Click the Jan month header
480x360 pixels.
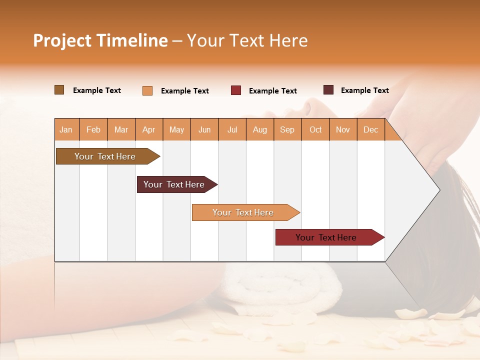[x=66, y=130]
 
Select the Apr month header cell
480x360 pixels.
[x=149, y=130]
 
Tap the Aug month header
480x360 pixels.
[x=259, y=130]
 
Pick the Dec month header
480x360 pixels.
[x=370, y=130]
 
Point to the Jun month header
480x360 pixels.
[x=204, y=130]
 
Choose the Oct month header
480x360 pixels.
[x=315, y=130]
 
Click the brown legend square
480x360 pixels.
[x=59, y=90]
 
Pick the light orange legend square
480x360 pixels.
[x=147, y=90]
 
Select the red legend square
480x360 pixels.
[x=236, y=90]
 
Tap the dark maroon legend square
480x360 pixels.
[x=328, y=90]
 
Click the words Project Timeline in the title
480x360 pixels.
[x=100, y=40]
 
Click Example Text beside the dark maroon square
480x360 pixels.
[x=364, y=90]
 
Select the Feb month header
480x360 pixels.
[x=93, y=130]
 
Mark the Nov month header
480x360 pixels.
[x=343, y=130]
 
